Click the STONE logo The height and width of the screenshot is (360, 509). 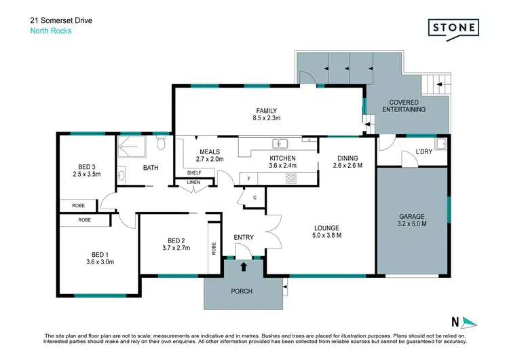pyautogui.click(x=453, y=28)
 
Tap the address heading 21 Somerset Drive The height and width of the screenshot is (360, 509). pyautogui.click(x=62, y=21)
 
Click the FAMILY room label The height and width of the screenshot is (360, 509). pyautogui.click(x=266, y=111)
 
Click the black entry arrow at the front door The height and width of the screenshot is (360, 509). pyautogui.click(x=244, y=262)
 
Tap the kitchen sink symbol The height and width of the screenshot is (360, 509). pyautogui.click(x=280, y=143)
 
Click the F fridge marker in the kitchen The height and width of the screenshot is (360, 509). pyautogui.click(x=249, y=179)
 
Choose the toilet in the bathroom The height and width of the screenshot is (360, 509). pyautogui.click(x=160, y=143)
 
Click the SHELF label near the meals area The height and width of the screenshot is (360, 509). pyautogui.click(x=195, y=173)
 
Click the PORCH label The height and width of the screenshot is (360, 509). pyautogui.click(x=242, y=291)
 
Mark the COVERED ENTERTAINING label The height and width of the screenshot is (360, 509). pyautogui.click(x=403, y=105)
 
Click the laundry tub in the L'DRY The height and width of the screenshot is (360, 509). pyautogui.click(x=441, y=143)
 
